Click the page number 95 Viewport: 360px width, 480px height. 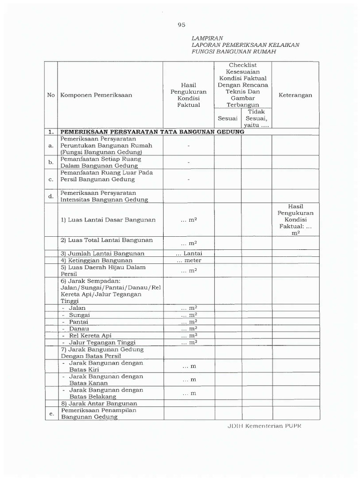point(181,25)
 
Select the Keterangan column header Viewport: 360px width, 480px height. point(295,95)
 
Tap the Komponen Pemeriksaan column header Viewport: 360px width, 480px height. point(96,95)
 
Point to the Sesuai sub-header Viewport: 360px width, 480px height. point(228,119)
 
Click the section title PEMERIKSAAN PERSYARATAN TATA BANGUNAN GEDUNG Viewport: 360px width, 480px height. point(152,132)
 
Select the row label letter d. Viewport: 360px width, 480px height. point(52,196)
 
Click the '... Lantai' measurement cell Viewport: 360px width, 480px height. point(189,254)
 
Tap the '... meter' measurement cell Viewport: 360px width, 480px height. point(189,261)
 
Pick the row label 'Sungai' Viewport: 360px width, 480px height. point(79,315)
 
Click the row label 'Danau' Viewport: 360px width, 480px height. point(79,329)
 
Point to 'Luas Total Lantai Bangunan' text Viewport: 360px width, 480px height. point(107,240)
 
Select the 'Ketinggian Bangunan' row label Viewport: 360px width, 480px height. point(97,261)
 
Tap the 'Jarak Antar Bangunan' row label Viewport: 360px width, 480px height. point(99,404)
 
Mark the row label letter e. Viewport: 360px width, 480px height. point(52,413)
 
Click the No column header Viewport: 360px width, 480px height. point(51,95)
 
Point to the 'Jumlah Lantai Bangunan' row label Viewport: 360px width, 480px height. point(102,254)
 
